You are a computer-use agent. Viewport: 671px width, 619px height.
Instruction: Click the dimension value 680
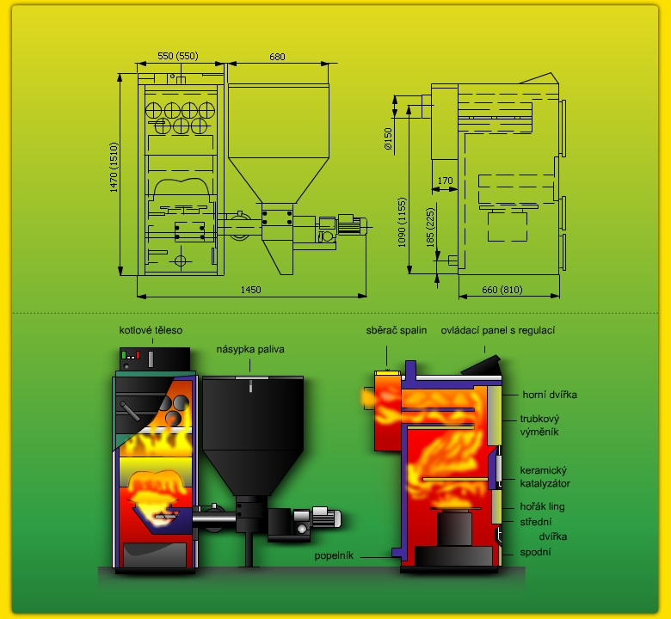277,57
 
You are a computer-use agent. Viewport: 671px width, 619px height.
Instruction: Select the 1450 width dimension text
251,290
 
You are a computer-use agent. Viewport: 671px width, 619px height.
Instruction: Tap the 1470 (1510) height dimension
114,168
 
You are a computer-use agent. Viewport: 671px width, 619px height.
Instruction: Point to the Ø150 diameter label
388,138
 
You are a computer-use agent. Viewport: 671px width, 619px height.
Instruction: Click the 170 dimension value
445,181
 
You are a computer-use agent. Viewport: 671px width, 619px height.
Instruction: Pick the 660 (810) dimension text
502,290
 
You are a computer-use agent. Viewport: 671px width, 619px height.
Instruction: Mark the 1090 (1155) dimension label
402,222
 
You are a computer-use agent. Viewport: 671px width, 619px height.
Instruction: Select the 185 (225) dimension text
430,228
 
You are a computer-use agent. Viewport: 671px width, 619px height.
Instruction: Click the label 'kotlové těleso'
151,330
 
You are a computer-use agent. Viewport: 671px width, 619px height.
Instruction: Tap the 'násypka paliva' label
250,350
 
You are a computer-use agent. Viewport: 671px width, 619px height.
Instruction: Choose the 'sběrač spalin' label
397,330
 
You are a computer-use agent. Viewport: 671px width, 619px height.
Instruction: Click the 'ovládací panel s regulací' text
498,330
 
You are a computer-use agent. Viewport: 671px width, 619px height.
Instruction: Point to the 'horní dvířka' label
550,395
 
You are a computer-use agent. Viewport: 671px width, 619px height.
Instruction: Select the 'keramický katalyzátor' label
545,477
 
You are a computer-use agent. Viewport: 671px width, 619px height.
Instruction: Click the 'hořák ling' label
542,507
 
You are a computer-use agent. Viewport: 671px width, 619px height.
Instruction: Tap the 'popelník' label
334,555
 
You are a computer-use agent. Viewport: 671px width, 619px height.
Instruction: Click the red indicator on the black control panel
138,354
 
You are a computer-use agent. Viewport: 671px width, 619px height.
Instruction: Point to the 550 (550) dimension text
178,56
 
